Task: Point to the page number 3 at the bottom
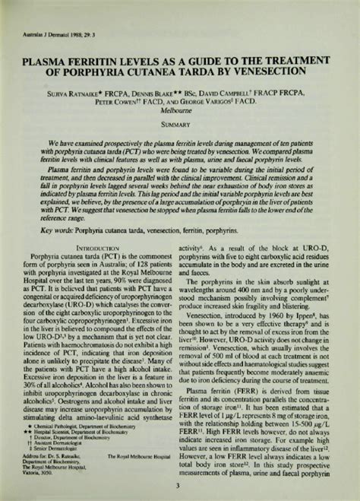pos(180,487)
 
